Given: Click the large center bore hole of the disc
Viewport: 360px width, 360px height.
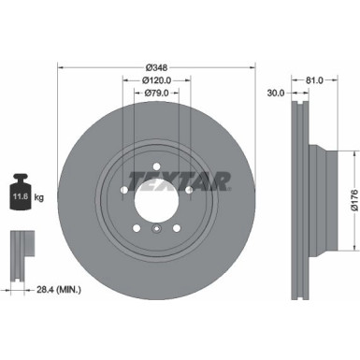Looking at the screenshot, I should [x=156, y=197].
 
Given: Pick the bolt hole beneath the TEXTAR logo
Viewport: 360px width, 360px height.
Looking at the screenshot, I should [x=190, y=194].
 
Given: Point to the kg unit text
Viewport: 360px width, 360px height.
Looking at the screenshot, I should [x=38, y=198].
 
